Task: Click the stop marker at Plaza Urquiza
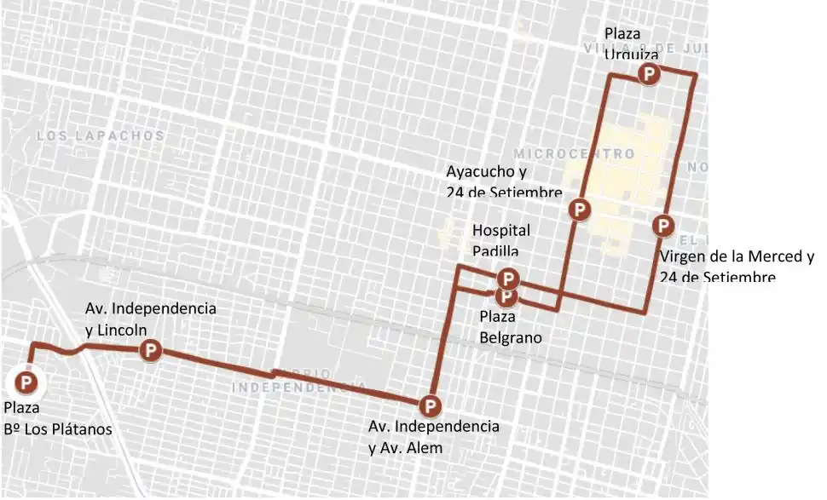coord(650,75)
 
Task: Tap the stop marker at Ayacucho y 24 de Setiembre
coord(580,209)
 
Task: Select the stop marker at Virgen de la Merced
coord(663,226)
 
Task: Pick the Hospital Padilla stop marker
coord(508,279)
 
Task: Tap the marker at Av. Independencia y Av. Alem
coord(431,405)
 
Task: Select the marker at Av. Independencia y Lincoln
coord(150,348)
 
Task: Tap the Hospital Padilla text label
coord(501,239)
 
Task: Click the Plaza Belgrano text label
coord(511,326)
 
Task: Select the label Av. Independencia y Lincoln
coord(150,318)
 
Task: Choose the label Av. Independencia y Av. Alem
coord(433,436)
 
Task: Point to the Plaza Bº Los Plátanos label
coord(58,418)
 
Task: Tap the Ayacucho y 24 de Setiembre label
coord(504,181)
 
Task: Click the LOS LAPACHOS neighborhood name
coord(101,135)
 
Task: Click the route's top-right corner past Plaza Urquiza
coord(696,76)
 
